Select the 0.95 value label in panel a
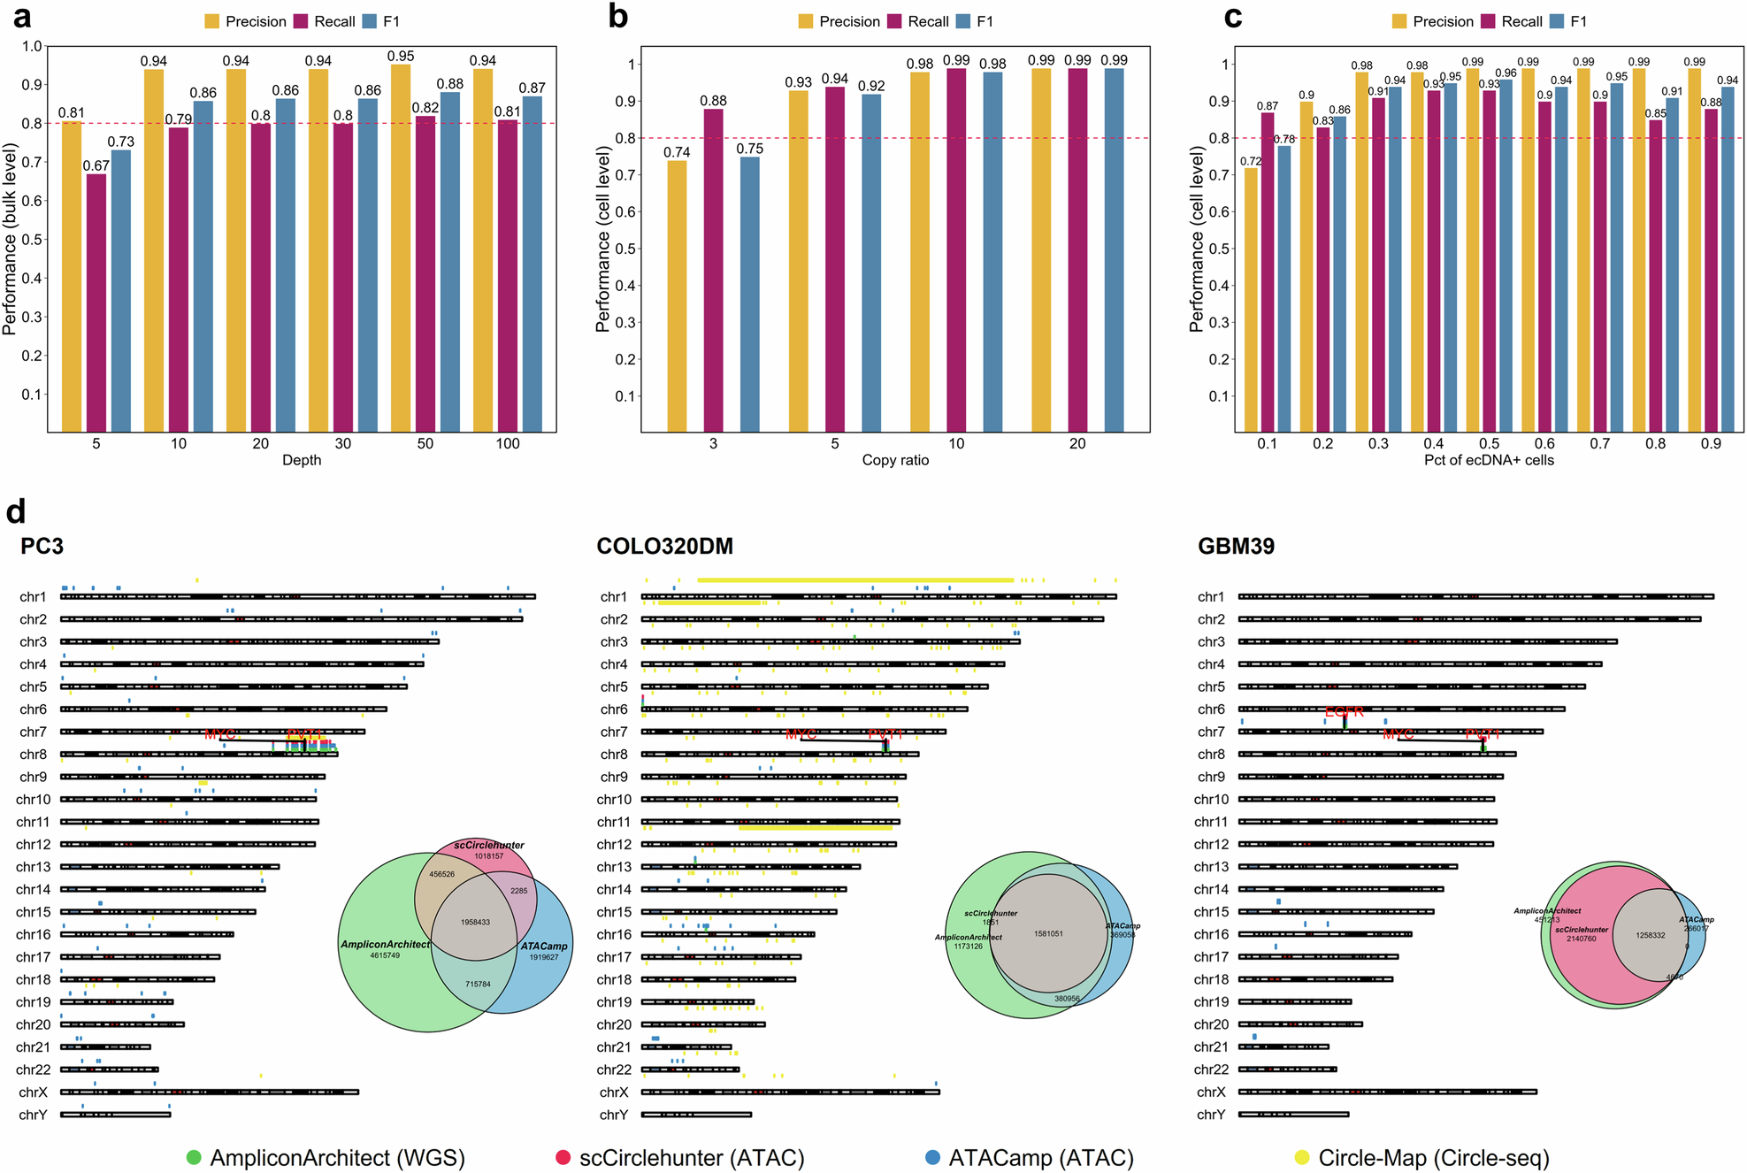[401, 56]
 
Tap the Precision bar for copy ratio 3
[677, 295]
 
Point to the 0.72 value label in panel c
[1250, 161]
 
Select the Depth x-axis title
[302, 460]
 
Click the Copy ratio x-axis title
[895, 460]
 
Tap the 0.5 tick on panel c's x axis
[1489, 444]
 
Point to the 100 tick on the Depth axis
[508, 444]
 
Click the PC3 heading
[42, 546]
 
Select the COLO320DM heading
[664, 546]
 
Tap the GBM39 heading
[1236, 546]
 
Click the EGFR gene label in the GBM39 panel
[1344, 712]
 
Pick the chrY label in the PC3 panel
[33, 1115]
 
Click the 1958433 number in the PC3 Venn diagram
[475, 922]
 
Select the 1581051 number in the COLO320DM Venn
[1048, 933]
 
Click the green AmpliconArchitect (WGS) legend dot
[194, 1157]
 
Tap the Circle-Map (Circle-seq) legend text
[1433, 1157]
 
